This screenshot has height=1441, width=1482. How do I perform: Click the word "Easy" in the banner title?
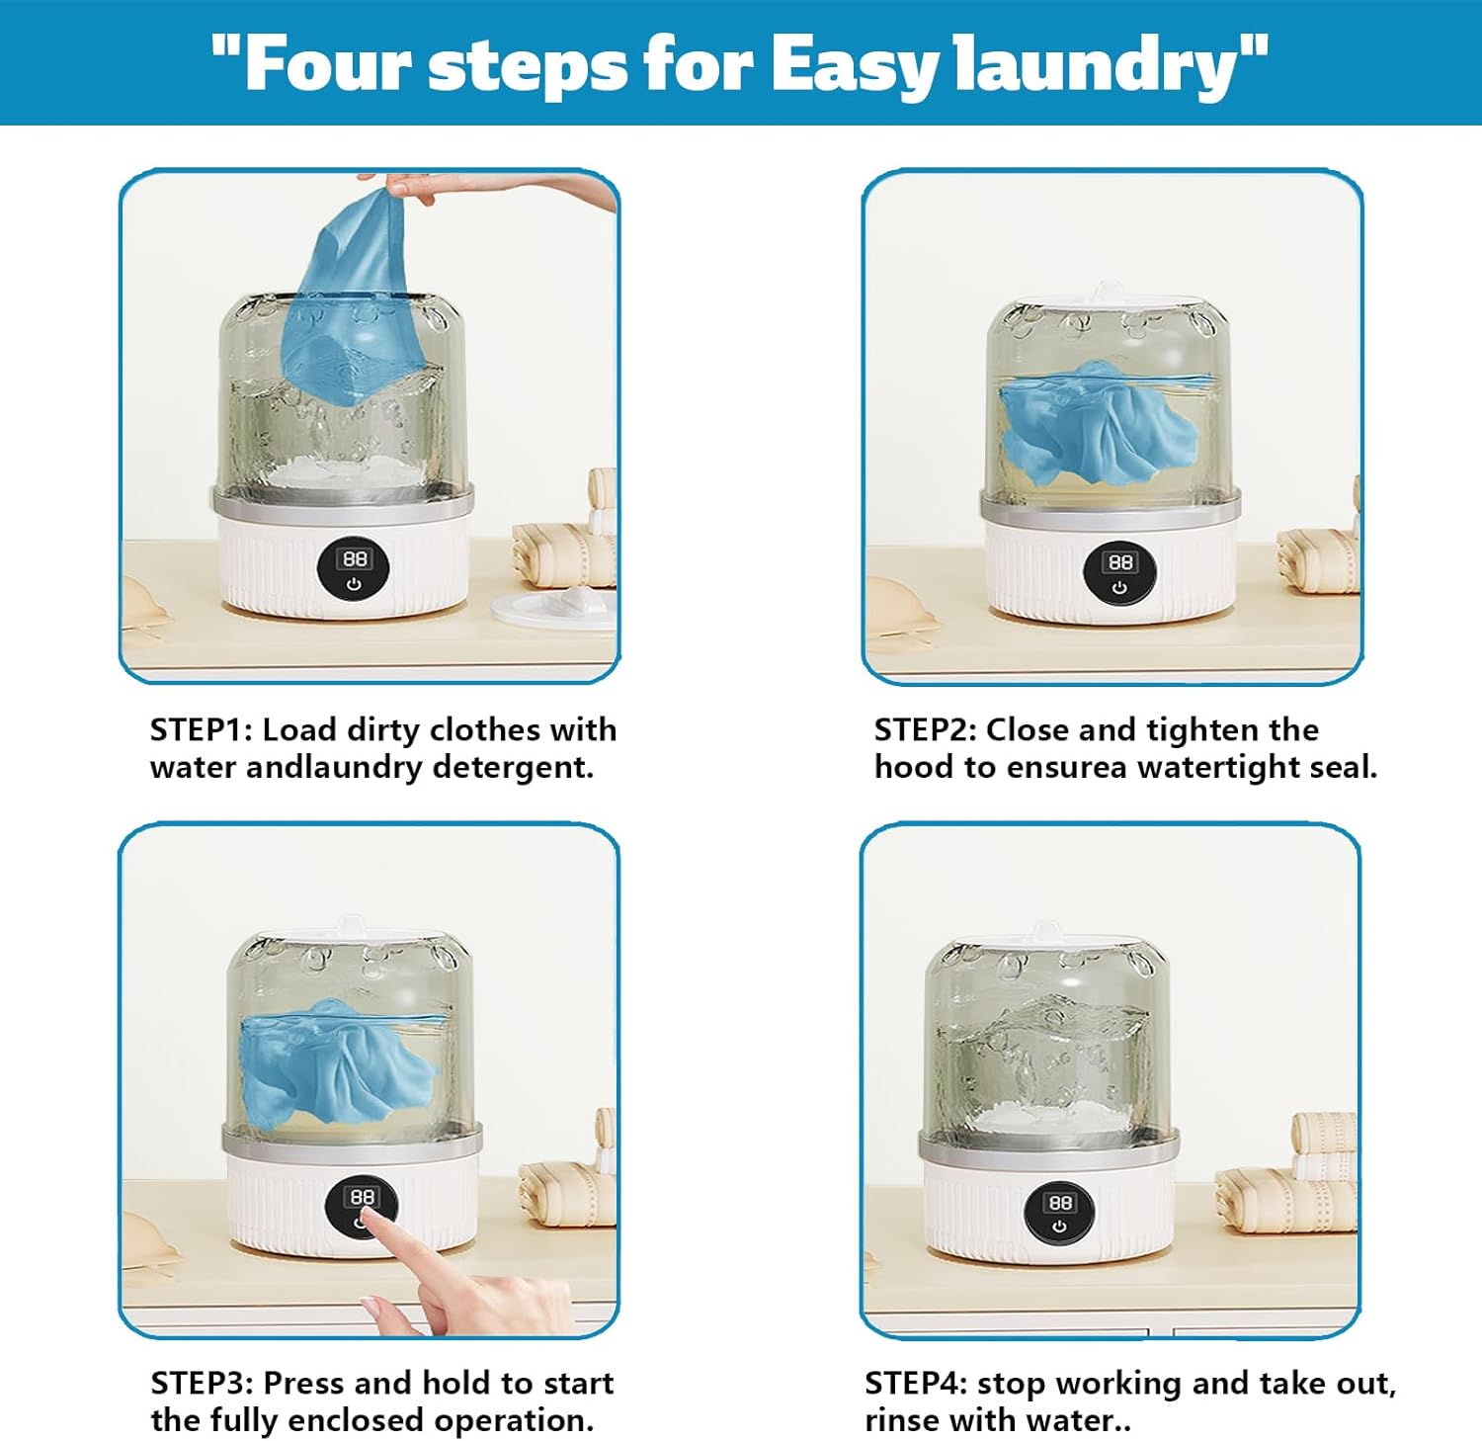click(851, 64)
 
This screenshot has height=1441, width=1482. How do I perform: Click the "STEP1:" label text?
click(202, 729)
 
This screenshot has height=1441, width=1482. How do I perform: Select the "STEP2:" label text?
click(926, 729)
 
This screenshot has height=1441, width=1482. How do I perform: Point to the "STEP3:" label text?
click(203, 1382)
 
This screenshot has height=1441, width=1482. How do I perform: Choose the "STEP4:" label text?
click(916, 1382)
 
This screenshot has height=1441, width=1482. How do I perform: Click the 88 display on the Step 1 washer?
click(354, 558)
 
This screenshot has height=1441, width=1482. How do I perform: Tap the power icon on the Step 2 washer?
click(1119, 587)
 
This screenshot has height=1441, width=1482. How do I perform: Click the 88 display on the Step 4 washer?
click(1059, 1202)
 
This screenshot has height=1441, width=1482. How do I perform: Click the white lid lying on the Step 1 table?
click(553, 605)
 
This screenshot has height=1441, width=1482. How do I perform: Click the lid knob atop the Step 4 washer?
click(1044, 932)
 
